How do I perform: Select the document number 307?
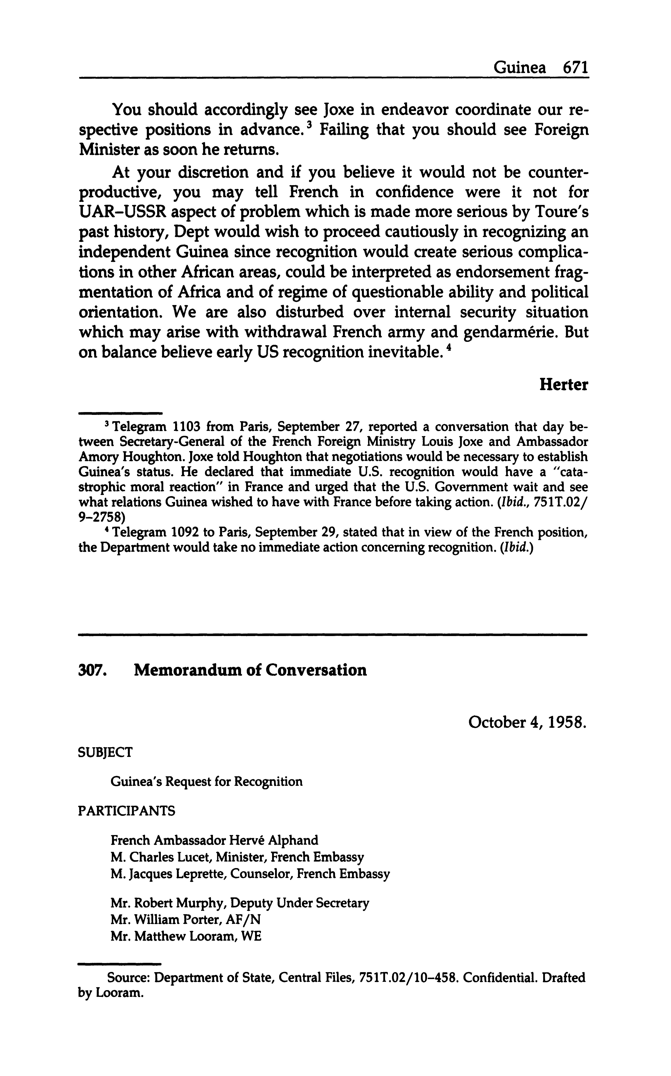[92, 670]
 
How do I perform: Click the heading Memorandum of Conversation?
[250, 670]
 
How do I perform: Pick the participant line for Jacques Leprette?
[250, 874]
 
